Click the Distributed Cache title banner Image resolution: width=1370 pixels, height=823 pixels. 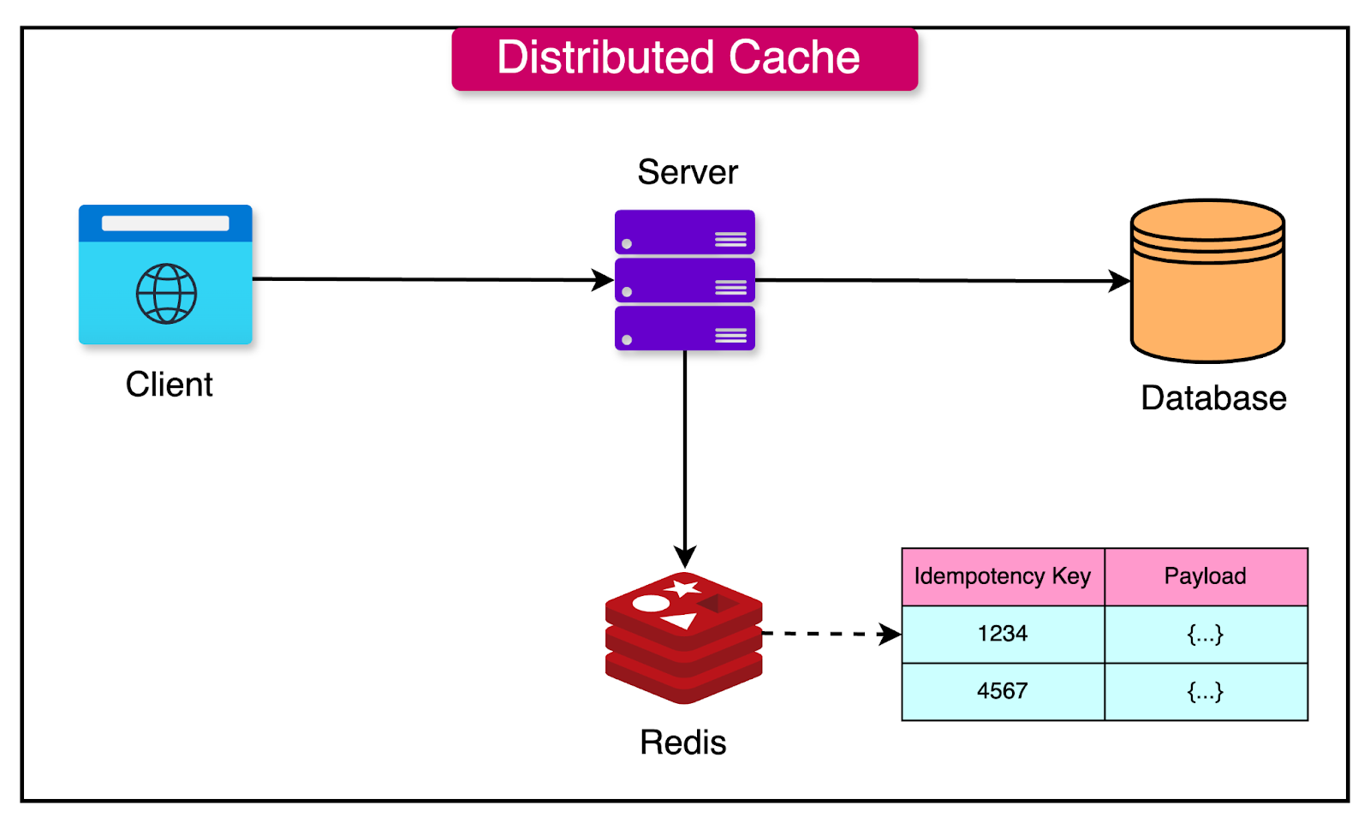684,58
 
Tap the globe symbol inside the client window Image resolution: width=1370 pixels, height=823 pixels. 166,294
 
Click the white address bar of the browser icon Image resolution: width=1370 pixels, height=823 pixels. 165,224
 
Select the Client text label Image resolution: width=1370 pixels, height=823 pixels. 169,385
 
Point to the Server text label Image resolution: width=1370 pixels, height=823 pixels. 687,172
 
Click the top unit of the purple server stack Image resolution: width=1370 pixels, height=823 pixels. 684,232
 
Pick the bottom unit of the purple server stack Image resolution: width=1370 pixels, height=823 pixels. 684,328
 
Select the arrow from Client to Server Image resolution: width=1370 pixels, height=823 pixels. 428,279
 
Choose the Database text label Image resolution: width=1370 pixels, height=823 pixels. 1213,398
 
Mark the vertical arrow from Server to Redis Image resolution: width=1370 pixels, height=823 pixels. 685,454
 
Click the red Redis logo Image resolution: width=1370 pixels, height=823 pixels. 683,638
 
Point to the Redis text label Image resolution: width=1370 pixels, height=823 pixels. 682,742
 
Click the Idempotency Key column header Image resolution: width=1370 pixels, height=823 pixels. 1003,576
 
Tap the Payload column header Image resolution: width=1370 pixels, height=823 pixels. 1205,576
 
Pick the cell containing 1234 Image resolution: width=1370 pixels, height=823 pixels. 1003,634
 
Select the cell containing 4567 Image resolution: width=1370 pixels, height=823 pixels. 1003,691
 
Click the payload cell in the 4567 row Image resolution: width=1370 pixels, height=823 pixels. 1205,691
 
